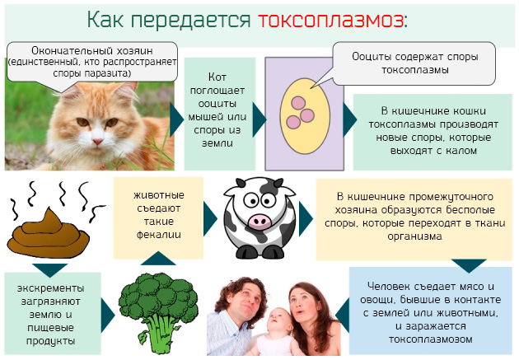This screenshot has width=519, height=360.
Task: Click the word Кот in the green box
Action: tap(218, 77)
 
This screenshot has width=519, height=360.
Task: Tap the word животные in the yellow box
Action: tap(158, 194)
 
